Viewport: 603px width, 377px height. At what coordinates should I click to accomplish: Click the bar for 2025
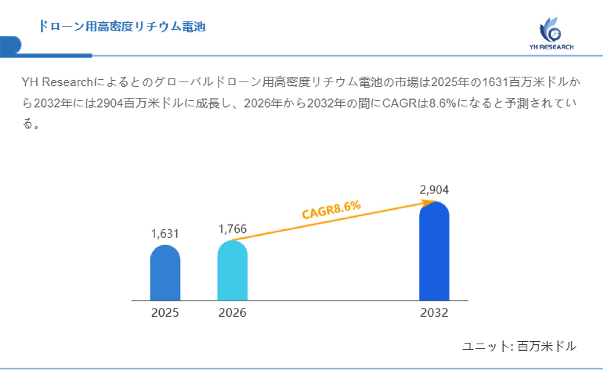(165, 273)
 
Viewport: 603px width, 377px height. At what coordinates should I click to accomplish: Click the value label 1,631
(165, 234)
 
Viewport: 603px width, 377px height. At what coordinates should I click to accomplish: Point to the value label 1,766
(232, 229)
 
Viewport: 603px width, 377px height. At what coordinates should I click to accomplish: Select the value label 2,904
(434, 190)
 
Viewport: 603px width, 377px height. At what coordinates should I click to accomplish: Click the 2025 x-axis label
(165, 313)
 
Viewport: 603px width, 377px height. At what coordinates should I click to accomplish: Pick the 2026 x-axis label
(232, 313)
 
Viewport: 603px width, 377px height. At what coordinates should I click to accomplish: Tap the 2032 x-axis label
(434, 313)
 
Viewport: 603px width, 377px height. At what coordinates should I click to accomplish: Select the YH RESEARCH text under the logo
(551, 47)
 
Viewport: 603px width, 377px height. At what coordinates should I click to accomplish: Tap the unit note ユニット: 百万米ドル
(519, 346)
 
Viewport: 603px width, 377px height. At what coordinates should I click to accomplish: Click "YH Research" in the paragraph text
(57, 82)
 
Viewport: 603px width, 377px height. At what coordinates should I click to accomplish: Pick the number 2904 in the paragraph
(110, 103)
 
